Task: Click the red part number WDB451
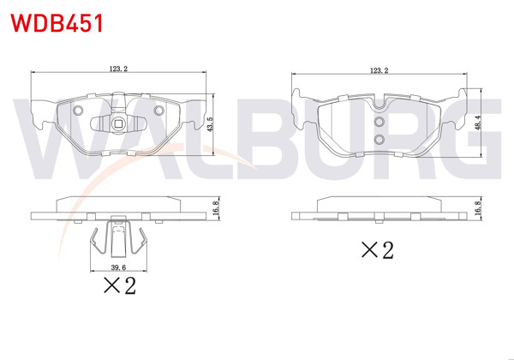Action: [x=54, y=22]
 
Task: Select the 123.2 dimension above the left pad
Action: [x=119, y=69]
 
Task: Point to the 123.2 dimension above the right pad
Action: [x=380, y=69]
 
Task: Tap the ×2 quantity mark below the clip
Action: [x=119, y=286]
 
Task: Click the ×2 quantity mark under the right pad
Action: [x=376, y=249]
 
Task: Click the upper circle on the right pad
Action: [x=378, y=122]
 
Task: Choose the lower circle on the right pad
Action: [x=378, y=140]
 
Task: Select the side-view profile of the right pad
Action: [x=380, y=209]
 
